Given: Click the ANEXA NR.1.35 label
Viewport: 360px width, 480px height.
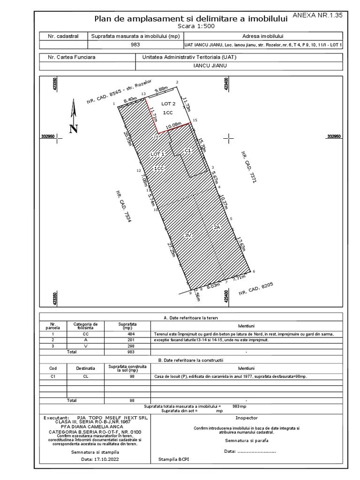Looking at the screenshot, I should pos(324,15).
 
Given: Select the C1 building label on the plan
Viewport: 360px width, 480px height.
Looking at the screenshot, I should pos(188,150).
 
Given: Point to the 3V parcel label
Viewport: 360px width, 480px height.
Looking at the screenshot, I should pos(187,235).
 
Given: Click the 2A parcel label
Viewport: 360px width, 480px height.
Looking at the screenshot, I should pos(217,227).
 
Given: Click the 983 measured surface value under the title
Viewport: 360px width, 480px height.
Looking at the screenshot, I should pos(135,45).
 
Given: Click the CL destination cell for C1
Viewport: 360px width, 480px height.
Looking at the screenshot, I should pos(85,376).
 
